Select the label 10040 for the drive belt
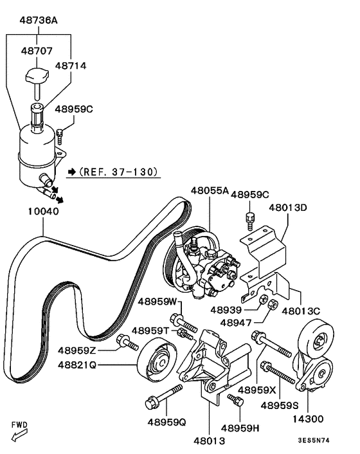tap(43, 210)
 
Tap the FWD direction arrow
tap(21, 437)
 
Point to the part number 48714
tap(71, 66)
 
